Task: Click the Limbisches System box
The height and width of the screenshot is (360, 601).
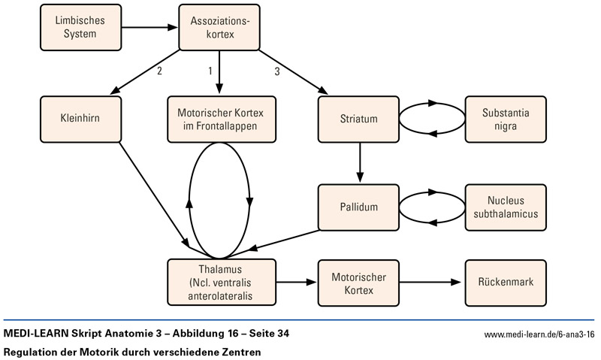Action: pyautogui.click(x=80, y=28)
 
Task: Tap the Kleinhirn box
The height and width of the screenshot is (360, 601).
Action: pyautogui.click(x=80, y=119)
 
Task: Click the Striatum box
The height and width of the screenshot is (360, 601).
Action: pyautogui.click(x=358, y=119)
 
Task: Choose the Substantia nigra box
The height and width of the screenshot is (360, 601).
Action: pyautogui.click(x=506, y=119)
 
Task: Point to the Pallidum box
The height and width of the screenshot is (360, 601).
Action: pyautogui.click(x=358, y=207)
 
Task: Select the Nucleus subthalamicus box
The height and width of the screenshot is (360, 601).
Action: pyautogui.click(x=506, y=207)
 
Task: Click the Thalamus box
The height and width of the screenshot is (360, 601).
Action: pyautogui.click(x=216, y=283)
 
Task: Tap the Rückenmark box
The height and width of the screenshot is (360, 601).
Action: pyautogui.click(x=506, y=283)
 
